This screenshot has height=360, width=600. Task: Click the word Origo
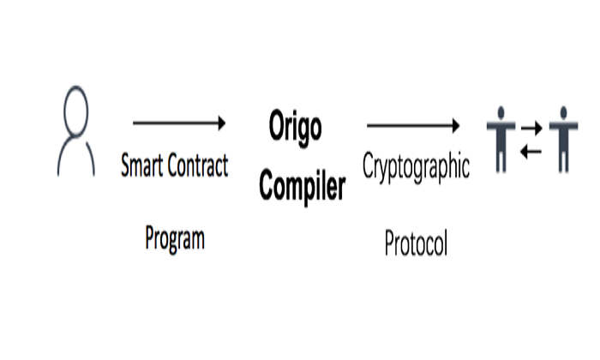click(296, 128)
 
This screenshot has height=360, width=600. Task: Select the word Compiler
click(303, 184)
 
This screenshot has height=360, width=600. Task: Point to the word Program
click(175, 237)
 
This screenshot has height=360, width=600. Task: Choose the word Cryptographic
click(416, 165)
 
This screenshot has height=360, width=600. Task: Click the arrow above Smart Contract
click(178, 123)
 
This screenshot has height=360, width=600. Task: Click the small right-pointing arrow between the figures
click(532, 129)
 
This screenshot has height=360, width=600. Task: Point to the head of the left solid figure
click(501, 112)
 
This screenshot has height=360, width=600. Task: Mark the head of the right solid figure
click(563, 112)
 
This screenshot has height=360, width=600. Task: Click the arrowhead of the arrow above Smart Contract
click(220, 123)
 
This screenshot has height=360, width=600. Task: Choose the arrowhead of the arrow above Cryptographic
click(454, 125)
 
